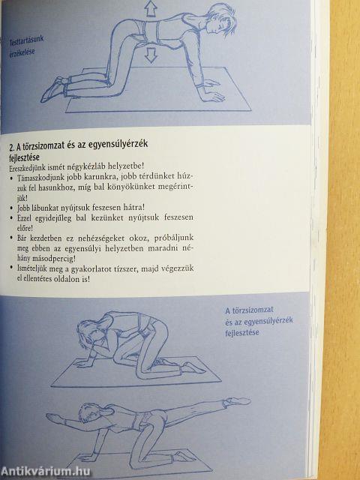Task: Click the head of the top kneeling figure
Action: (x=217, y=18)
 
